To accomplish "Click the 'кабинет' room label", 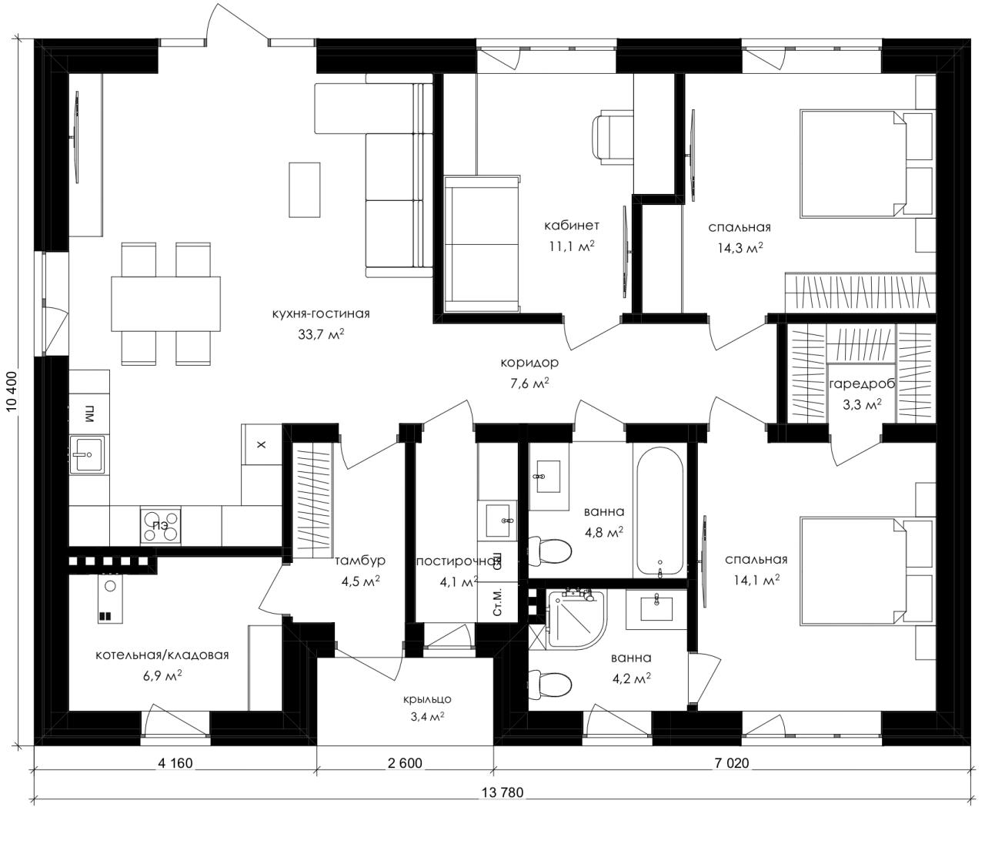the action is (x=571, y=226).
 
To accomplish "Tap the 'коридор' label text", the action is (x=529, y=363).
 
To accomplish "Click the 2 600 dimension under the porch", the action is (x=405, y=763).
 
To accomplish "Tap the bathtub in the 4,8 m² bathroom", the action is (x=659, y=511).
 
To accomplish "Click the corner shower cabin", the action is (x=577, y=620).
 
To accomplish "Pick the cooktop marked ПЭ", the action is (x=160, y=526).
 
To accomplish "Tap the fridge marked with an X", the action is (x=262, y=444).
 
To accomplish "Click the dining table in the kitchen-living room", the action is (x=165, y=304).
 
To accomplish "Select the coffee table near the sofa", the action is (x=304, y=189).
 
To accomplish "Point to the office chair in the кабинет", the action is (x=613, y=136).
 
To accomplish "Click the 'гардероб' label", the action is (x=862, y=383).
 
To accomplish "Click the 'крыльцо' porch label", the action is (x=427, y=699).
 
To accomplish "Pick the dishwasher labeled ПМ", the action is (x=89, y=414).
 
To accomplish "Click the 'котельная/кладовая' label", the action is (x=162, y=655).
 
